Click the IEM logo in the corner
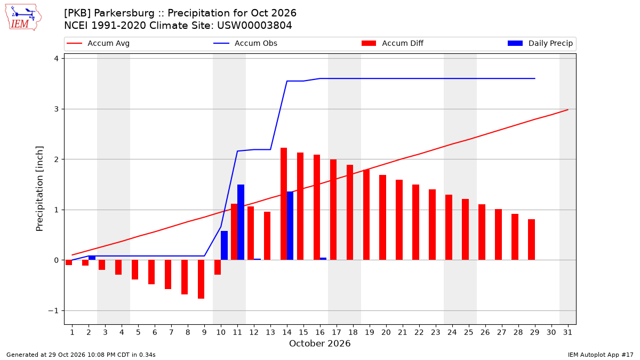(23, 18)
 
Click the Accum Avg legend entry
(98, 43)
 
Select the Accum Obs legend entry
(245, 43)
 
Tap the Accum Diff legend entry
(393, 43)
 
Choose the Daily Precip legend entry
(540, 43)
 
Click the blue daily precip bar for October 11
(241, 222)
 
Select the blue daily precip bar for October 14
(290, 226)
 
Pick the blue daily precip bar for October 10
(225, 245)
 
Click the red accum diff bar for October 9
(201, 279)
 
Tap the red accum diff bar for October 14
(284, 204)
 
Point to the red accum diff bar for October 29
(531, 239)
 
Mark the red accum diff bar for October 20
(382, 218)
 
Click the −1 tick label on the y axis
(53, 310)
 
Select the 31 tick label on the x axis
(567, 332)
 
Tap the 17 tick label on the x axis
(337, 332)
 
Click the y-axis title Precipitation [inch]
(39, 189)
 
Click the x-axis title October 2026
(319, 343)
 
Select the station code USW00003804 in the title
(254, 26)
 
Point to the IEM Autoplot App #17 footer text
(601, 355)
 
